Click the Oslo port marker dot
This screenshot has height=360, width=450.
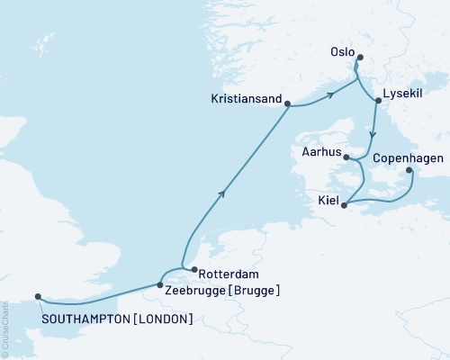359,58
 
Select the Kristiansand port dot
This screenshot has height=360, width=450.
287,104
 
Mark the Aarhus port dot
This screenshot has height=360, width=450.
346,157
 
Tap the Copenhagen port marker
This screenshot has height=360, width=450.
409,169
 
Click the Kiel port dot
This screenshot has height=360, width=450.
345,204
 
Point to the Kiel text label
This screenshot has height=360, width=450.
328,201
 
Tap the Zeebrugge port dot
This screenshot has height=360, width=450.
160,284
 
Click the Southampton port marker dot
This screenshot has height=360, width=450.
38,296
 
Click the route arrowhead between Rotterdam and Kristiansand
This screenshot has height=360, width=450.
221,192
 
